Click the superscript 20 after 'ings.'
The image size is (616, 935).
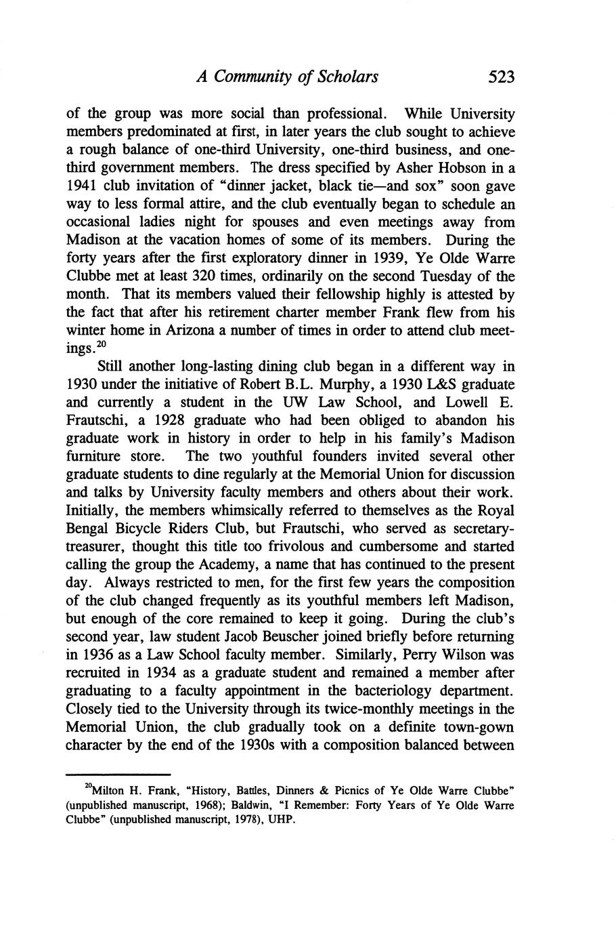[x=104, y=345]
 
